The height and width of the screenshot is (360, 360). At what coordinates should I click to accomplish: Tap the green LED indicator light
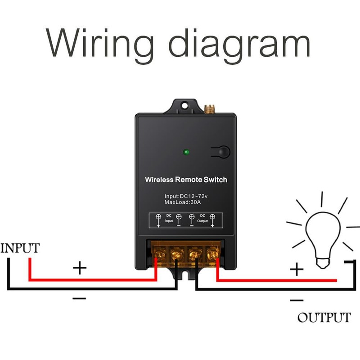[x=186, y=152]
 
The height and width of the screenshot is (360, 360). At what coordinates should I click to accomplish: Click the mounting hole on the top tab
[x=184, y=106]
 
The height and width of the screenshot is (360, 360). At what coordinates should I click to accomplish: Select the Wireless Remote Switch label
[x=186, y=180]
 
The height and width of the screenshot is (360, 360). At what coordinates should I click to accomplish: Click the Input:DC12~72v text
[x=185, y=196]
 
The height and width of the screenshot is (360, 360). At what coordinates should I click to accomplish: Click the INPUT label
[x=20, y=248]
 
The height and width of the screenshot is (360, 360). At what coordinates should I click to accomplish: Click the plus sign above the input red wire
[x=80, y=269]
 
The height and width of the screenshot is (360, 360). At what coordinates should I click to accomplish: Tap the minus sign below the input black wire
[x=79, y=298]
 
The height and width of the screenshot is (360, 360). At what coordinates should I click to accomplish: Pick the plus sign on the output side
[x=297, y=270]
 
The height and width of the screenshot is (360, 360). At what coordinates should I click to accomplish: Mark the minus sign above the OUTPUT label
[x=297, y=299]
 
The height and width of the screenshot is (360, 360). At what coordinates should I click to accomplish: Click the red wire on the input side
[x=90, y=280]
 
